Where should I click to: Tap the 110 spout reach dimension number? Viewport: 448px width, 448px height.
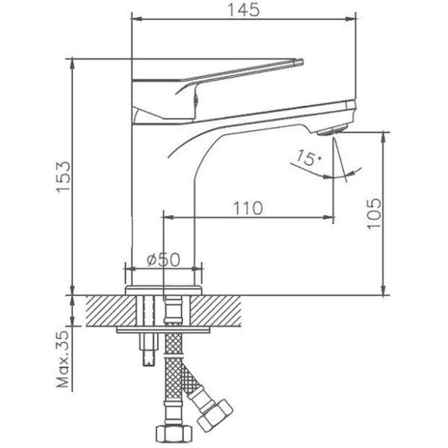coord(246,208)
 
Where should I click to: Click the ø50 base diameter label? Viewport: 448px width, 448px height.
coord(164,259)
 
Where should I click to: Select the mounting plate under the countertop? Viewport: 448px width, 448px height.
coord(164,329)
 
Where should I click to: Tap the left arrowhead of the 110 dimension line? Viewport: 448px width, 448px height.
coord(166,219)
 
